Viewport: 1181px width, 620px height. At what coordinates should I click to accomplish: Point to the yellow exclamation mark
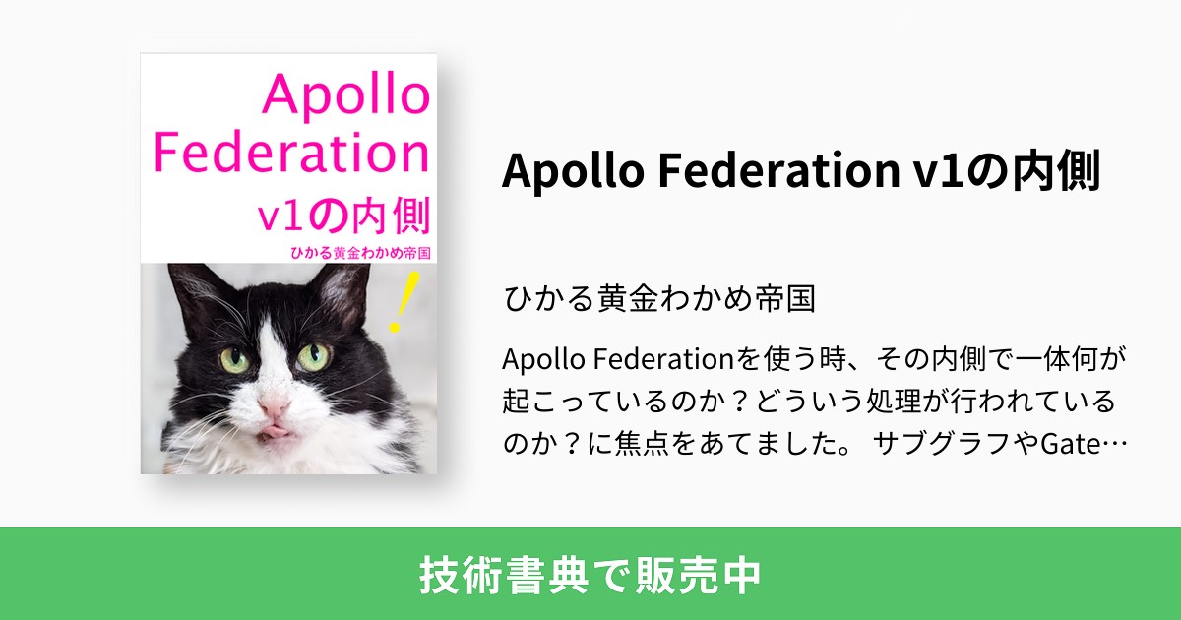[403, 302]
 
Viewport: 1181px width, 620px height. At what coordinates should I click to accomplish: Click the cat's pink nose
[275, 404]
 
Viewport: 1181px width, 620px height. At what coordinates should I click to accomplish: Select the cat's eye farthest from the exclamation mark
[236, 360]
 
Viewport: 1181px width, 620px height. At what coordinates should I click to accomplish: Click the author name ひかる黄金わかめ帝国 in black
[658, 297]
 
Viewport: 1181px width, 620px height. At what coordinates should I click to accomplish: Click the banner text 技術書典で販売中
[590, 575]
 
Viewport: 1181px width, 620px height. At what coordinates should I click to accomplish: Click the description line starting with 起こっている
[808, 402]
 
